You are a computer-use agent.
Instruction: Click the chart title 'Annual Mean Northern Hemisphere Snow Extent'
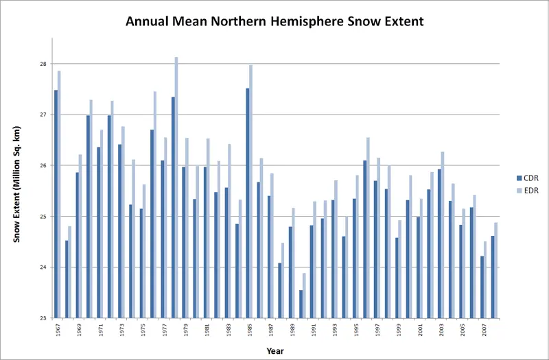tap(274, 21)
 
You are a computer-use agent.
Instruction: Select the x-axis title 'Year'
tap(275, 350)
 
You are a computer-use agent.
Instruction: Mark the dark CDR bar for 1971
tap(98, 232)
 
